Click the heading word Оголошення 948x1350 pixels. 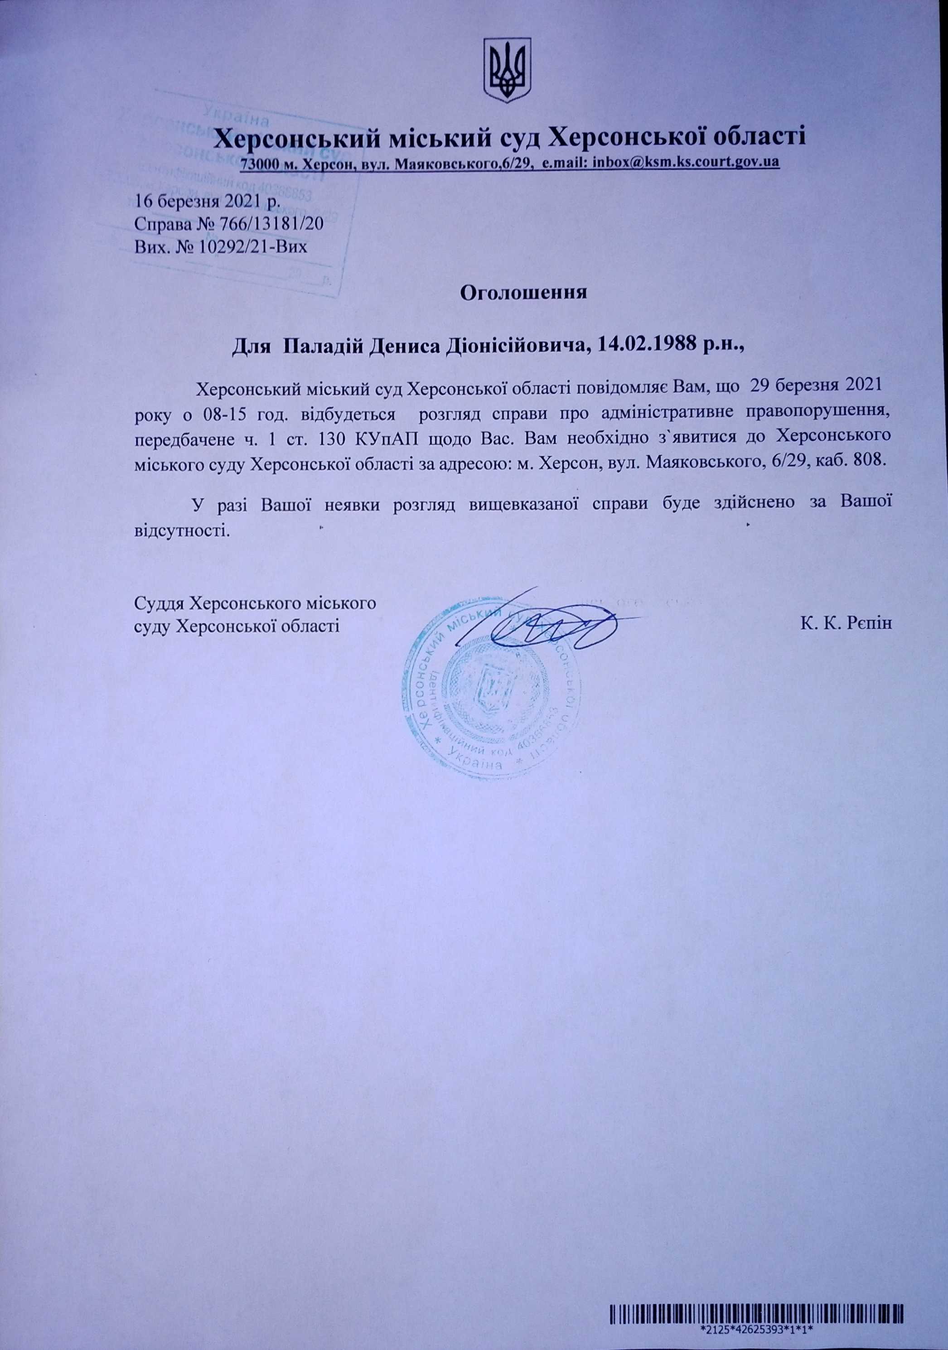tap(523, 292)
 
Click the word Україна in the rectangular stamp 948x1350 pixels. tap(235, 114)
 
